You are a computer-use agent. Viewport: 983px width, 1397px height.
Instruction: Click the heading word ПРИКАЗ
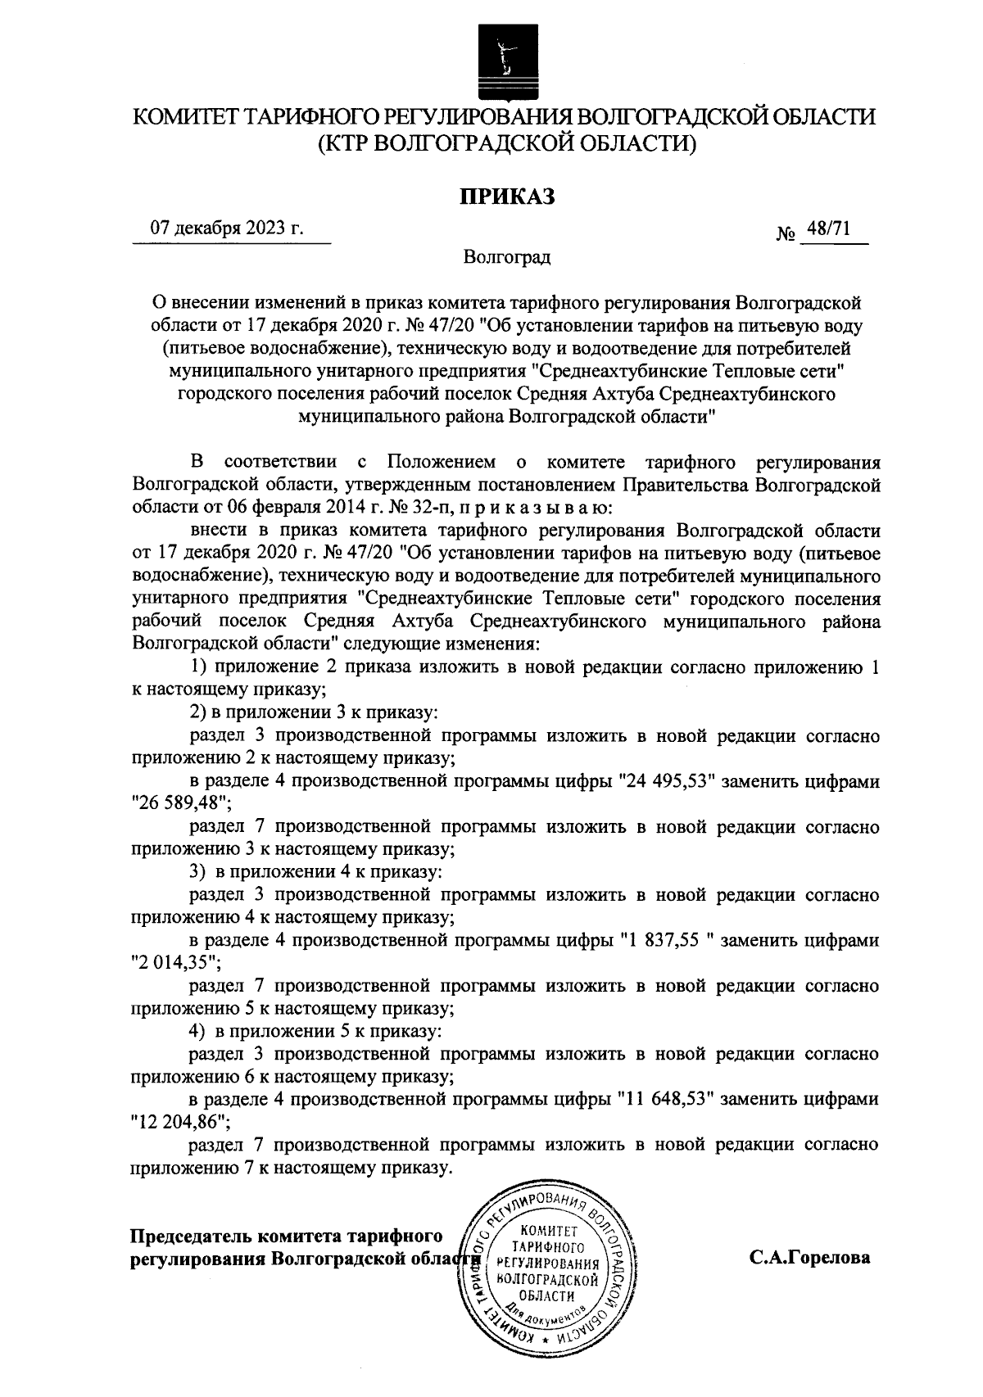click(x=506, y=196)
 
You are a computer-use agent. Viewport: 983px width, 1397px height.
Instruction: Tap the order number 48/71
click(x=828, y=229)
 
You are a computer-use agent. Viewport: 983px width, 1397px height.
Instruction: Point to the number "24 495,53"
click(x=667, y=782)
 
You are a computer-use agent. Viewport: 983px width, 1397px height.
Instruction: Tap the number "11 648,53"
click(x=667, y=1100)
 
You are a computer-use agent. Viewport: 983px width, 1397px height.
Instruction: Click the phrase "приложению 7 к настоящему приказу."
click(x=292, y=1167)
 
